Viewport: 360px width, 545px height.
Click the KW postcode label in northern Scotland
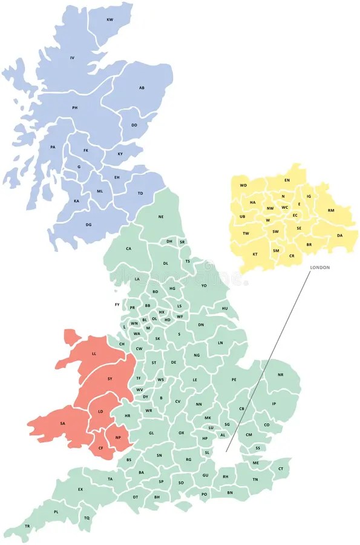click(x=110, y=20)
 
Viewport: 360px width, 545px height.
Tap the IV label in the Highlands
click(x=72, y=58)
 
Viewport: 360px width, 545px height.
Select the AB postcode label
click(x=142, y=88)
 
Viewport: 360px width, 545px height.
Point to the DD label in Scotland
click(x=134, y=125)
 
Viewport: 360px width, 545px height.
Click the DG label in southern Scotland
click(x=88, y=225)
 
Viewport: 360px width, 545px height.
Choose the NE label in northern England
click(x=161, y=217)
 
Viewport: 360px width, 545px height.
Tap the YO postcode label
click(x=204, y=285)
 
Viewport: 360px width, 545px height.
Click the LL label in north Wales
click(x=94, y=353)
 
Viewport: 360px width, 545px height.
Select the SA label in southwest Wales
click(x=62, y=423)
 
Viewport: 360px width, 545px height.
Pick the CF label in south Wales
click(x=101, y=448)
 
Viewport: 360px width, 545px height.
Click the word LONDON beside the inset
click(x=319, y=267)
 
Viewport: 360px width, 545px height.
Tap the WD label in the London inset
click(x=243, y=185)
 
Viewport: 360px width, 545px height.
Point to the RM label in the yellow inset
click(x=331, y=210)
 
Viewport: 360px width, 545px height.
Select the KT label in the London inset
click(x=255, y=254)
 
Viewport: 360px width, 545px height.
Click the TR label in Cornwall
click(x=27, y=526)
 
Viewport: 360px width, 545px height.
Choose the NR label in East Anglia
click(x=280, y=375)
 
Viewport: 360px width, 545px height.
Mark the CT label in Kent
click(x=280, y=469)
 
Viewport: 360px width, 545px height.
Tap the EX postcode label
click(x=80, y=489)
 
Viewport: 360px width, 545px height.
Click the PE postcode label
click(x=234, y=380)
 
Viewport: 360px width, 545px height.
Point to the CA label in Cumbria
click(x=128, y=248)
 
